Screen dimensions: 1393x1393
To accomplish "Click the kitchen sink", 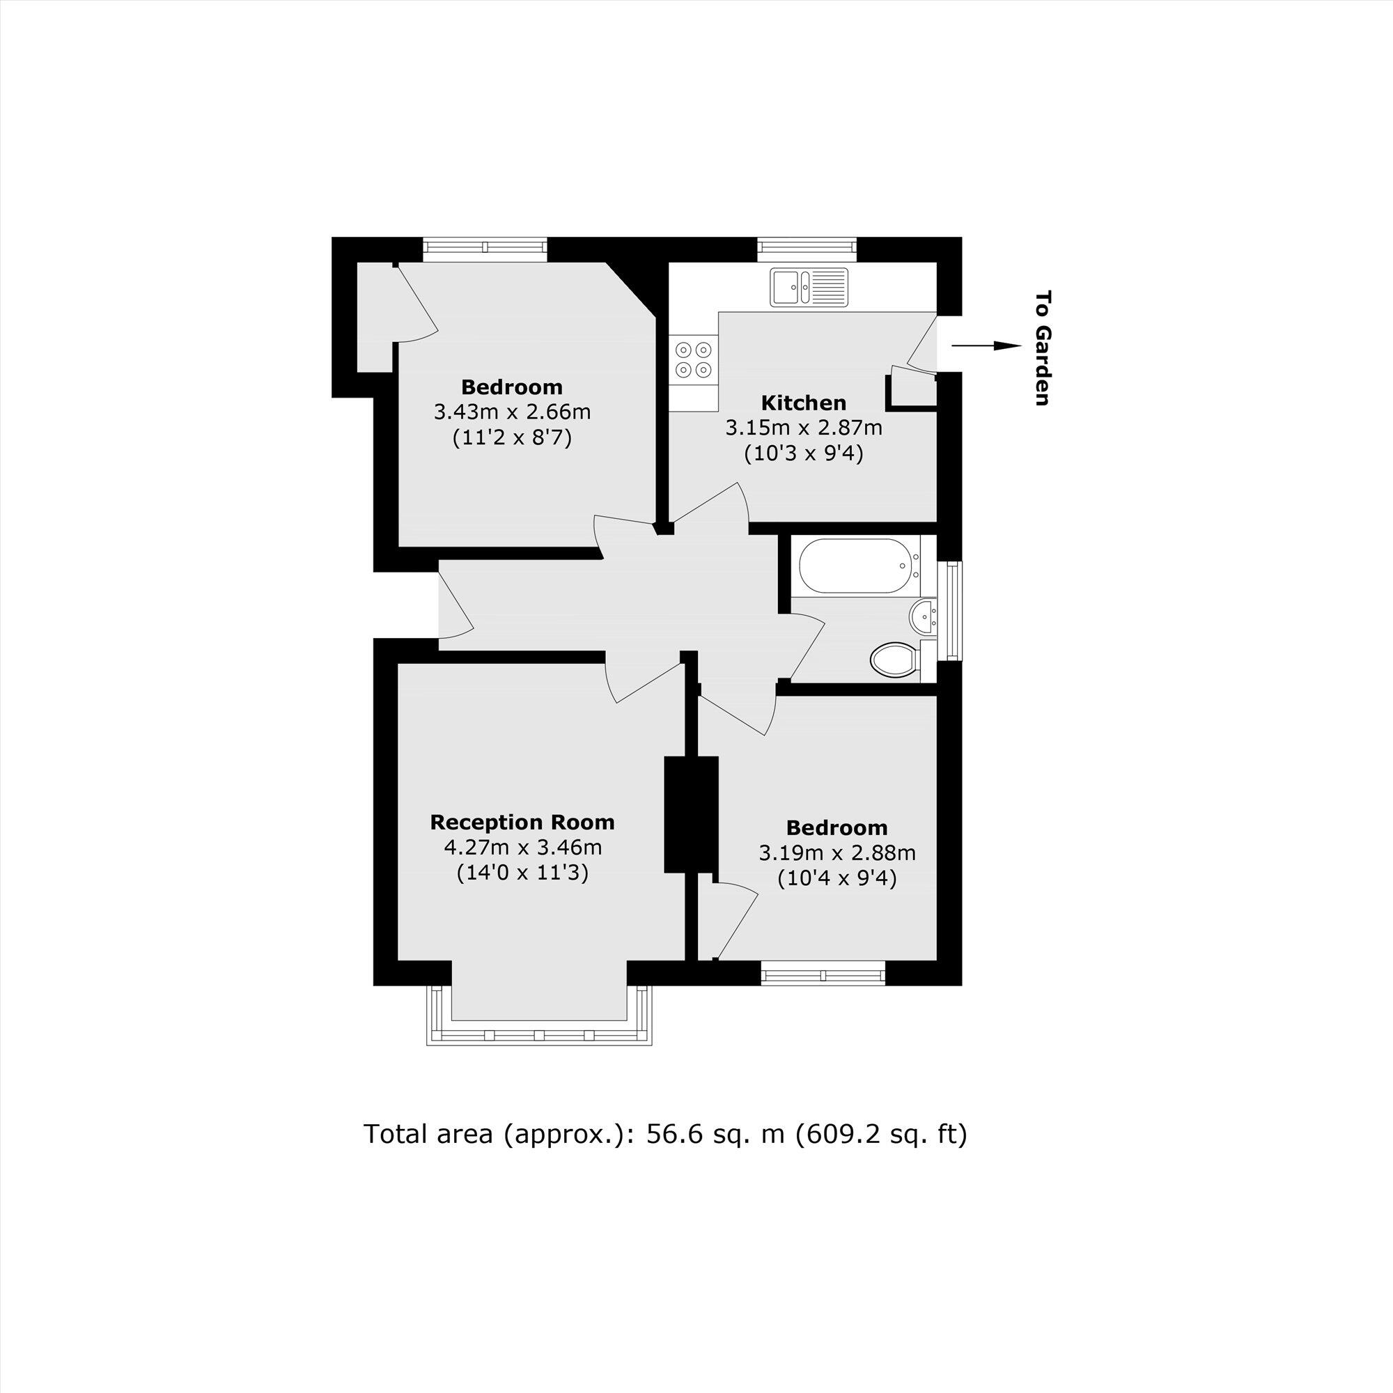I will tap(809, 287).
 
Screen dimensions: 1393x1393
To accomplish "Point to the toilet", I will tap(894, 659).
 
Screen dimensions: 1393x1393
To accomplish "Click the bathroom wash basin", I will tap(923, 617).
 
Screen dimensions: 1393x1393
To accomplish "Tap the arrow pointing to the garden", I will tap(986, 346).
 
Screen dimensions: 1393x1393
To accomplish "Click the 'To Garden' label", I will tap(1043, 348).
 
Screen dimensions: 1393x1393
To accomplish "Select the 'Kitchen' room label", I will tap(804, 403).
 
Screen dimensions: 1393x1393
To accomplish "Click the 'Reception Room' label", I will tap(522, 822).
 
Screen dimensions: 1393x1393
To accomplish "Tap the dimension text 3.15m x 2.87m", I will tap(804, 428).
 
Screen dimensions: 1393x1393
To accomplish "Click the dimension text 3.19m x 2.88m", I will tap(837, 853).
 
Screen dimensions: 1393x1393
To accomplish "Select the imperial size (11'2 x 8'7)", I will tap(512, 437).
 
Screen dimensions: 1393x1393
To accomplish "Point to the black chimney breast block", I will tap(692, 814).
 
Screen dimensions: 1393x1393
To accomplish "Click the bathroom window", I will tap(954, 611).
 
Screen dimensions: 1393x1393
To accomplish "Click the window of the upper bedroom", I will tap(485, 249).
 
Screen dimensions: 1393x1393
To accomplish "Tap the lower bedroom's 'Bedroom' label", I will tap(836, 827).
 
